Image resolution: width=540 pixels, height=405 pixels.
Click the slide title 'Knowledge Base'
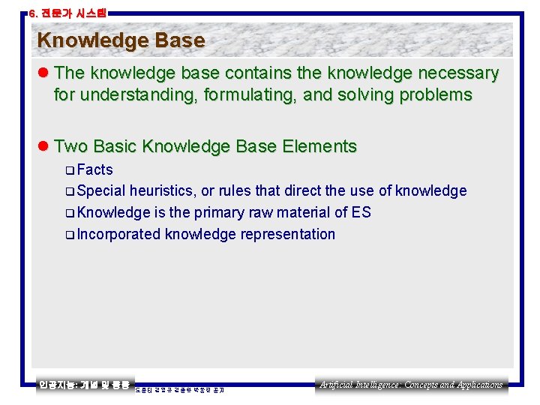pyautogui.click(x=121, y=40)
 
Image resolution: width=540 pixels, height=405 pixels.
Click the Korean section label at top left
pyautogui.click(x=67, y=13)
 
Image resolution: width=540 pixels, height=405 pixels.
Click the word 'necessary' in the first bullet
pyautogui.click(x=461, y=73)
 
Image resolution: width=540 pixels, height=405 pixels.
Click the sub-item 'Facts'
pyautogui.click(x=94, y=169)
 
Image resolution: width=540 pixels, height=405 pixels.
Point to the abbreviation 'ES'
pyautogui.click(x=361, y=212)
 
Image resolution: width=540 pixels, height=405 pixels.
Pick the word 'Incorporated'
pyautogui.click(x=118, y=234)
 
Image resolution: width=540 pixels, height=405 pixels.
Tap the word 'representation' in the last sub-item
pyautogui.click(x=288, y=234)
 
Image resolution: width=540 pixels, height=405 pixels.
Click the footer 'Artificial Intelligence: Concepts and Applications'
pyautogui.click(x=411, y=385)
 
